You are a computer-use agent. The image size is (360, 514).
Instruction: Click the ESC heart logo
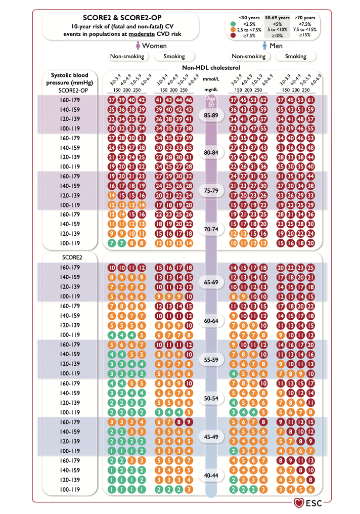pos(299,503)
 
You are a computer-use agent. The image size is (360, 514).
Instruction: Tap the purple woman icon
pos(138,46)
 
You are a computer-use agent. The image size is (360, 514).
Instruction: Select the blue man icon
pos(264,46)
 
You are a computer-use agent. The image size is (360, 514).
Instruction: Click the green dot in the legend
pos(233,23)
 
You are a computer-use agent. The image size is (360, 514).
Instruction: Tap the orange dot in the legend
pos(233,29)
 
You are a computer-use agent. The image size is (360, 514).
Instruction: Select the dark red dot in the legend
pos(233,36)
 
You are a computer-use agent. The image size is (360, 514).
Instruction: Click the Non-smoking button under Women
pos(128,57)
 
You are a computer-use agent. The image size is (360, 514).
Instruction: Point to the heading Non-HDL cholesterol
pos(211,67)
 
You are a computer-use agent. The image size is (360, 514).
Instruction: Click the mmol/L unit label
pos(211,79)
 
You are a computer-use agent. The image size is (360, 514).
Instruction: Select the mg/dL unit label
pos(211,89)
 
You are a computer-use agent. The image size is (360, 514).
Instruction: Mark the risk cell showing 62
pos(263,100)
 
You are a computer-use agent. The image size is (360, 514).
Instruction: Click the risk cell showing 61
pos(311,100)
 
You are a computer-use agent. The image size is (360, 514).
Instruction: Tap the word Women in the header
pos(154,46)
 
